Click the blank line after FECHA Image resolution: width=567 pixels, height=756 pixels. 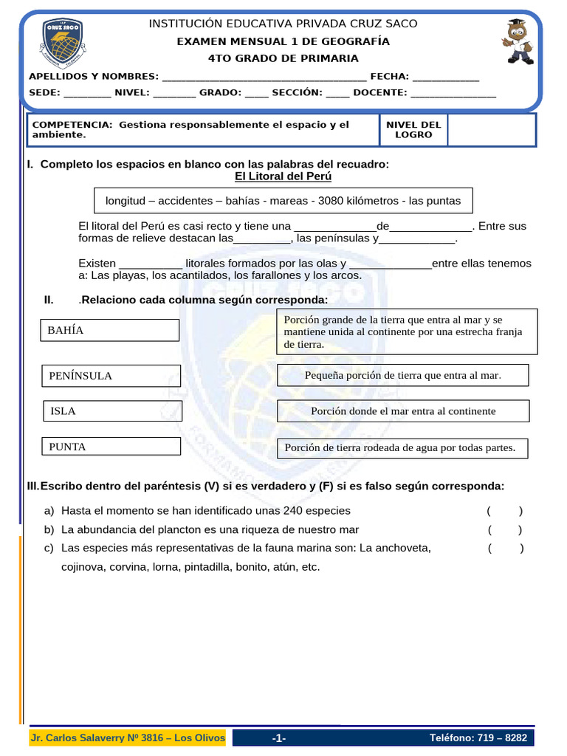[x=445, y=78]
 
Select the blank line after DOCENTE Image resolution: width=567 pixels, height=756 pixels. [x=453, y=94]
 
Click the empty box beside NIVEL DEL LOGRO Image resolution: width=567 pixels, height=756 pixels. [x=491, y=130]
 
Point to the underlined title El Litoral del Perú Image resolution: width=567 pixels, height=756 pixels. [x=283, y=176]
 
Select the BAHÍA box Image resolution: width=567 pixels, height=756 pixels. [x=109, y=330]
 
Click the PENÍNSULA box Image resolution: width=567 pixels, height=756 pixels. [x=111, y=376]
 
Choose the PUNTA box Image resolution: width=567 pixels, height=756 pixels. [x=111, y=446]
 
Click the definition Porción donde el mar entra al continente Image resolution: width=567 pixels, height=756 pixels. [x=403, y=410]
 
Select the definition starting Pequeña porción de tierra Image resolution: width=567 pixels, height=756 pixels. [x=403, y=375]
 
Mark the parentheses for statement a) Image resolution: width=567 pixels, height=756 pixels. [x=504, y=511]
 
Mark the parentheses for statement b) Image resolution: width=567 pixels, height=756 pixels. [x=504, y=529]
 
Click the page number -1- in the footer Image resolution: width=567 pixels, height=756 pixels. [x=278, y=738]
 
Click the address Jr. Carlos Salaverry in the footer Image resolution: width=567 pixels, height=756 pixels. [x=128, y=738]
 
